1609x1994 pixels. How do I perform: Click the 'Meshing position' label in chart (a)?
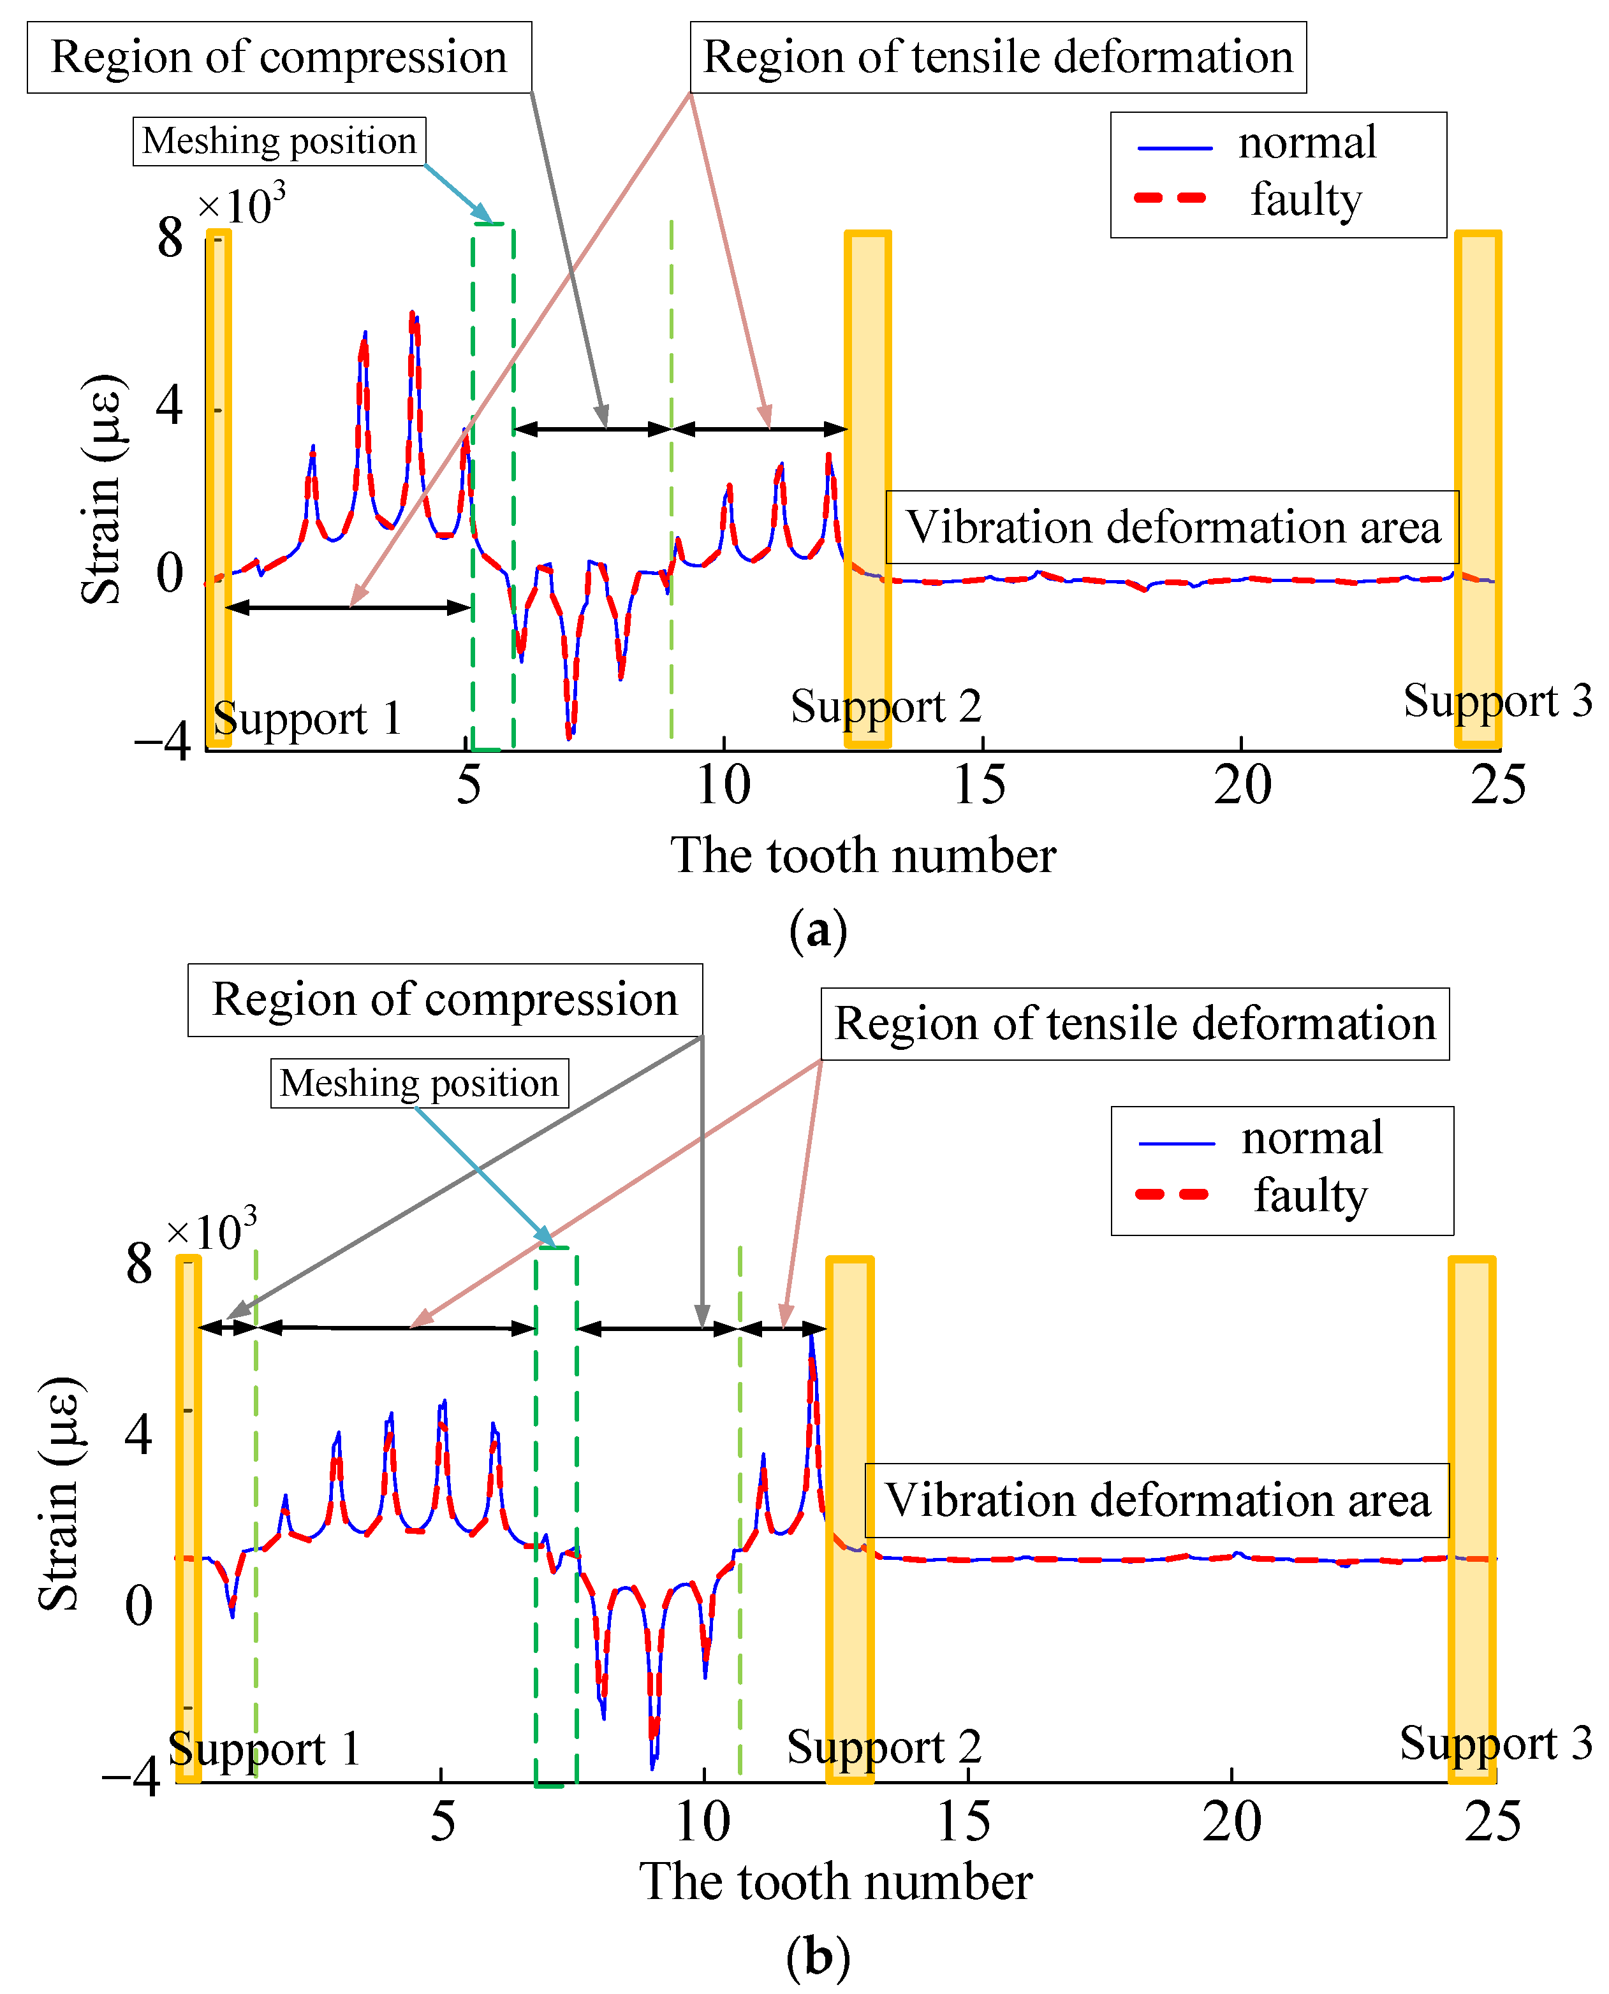[279, 142]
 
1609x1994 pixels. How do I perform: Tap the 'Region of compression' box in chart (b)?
[445, 1000]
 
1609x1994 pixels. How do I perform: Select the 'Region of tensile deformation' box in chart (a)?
[997, 57]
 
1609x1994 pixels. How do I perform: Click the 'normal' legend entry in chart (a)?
[1306, 143]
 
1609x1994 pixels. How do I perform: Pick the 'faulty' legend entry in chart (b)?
[1310, 1195]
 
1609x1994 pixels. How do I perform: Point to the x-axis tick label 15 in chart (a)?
[979, 786]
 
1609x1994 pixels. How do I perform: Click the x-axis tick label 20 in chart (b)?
[1231, 1822]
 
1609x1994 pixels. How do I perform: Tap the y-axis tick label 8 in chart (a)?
[170, 238]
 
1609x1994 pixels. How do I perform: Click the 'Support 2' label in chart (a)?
[885, 707]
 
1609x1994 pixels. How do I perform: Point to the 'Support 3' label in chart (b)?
[1495, 1744]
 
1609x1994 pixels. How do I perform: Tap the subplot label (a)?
[818, 929]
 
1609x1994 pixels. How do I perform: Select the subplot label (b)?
[818, 1958]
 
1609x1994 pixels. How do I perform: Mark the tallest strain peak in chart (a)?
[413, 313]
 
